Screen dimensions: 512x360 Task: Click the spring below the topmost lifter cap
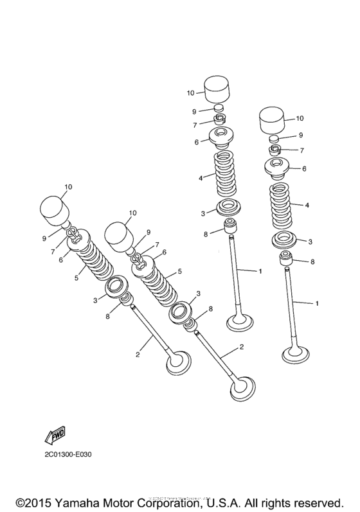pos(226,174)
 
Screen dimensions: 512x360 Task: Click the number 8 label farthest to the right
pos(312,262)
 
